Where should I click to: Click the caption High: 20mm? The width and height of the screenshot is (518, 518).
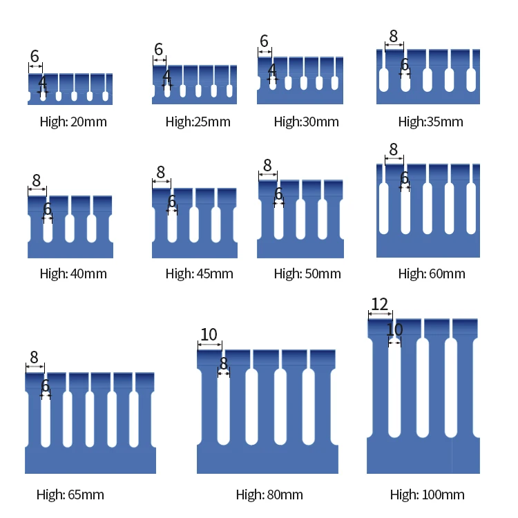73,122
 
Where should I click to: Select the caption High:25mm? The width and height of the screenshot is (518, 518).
198,122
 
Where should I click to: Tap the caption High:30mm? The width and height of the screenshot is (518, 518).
306,122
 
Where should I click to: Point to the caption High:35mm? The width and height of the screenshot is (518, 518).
430,122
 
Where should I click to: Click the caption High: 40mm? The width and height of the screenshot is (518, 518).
73,274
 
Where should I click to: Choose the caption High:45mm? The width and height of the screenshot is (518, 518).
199,274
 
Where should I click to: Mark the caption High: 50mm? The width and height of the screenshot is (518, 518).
307,274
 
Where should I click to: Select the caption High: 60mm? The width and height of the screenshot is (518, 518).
432,274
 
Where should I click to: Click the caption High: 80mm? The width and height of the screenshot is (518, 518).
269,495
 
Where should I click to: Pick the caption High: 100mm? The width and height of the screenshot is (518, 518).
427,495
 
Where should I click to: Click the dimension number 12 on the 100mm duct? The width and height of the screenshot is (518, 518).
379,305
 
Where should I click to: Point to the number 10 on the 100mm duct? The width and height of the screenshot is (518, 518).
394,330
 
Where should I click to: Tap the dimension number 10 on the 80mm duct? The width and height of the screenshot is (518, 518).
209,335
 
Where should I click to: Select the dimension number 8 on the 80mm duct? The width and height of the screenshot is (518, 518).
224,363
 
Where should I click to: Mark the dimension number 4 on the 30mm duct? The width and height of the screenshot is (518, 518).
272,70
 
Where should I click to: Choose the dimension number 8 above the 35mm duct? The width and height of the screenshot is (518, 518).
394,36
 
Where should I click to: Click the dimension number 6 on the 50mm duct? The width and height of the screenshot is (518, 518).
278,195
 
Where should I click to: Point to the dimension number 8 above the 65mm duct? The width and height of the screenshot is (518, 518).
34,358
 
